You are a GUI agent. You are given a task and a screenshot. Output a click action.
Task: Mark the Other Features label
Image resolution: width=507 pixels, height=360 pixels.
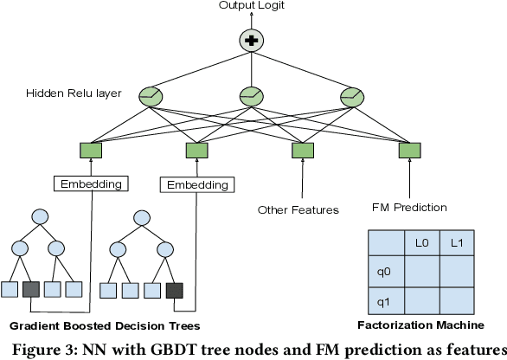(298, 209)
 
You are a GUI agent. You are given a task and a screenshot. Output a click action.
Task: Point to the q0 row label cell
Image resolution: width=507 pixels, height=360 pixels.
(386, 271)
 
